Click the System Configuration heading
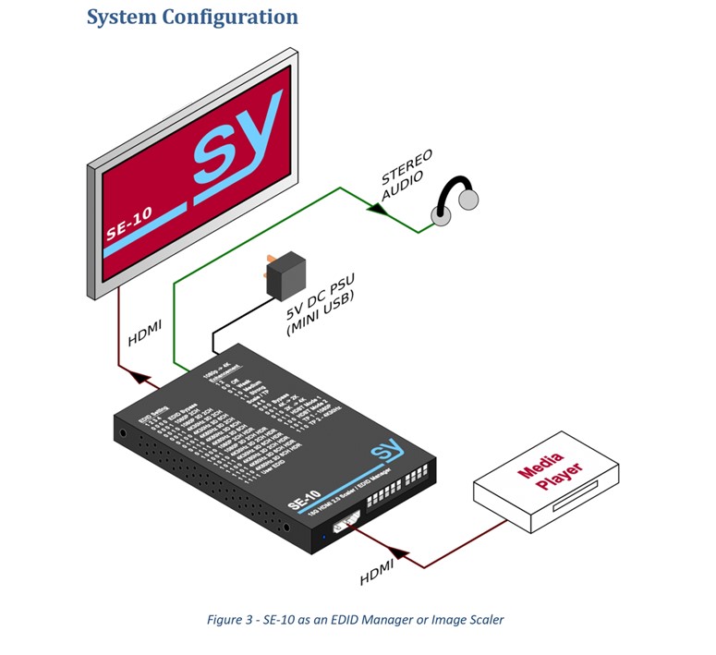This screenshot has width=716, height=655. [192, 17]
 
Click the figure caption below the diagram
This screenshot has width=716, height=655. [356, 619]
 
